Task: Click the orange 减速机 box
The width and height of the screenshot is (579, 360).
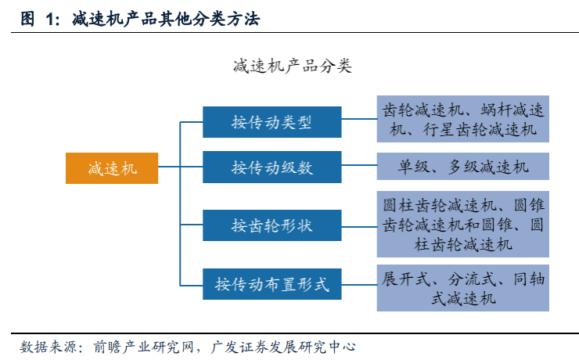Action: (112, 167)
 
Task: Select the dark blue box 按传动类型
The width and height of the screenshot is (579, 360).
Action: (272, 122)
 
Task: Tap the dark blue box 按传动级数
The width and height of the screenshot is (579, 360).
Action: (272, 167)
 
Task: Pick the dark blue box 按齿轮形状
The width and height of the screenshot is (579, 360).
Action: (272, 225)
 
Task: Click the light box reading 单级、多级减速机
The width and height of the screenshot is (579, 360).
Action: (462, 167)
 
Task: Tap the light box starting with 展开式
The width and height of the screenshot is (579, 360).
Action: (462, 288)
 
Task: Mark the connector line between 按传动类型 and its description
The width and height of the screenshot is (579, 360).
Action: (358, 121)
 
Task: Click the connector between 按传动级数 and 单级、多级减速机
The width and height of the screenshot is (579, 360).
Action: (358, 166)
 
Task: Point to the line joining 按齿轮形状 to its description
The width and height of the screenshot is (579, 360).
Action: (358, 225)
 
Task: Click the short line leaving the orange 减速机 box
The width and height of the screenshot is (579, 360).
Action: (169, 167)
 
